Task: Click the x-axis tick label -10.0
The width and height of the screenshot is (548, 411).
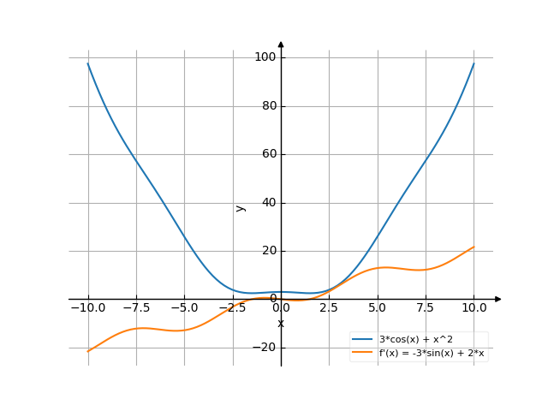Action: pos(87,307)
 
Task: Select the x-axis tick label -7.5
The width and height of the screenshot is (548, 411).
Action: pos(135,307)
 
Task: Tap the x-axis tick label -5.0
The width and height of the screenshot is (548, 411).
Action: pos(184,307)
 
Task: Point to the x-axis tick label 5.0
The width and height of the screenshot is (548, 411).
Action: pos(377,307)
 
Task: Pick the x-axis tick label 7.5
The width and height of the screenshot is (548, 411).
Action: pos(426,307)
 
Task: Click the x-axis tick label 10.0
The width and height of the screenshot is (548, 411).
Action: pos(474,307)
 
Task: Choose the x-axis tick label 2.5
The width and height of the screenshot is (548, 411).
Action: pos(329,307)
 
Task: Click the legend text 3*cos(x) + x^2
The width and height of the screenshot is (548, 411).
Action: pos(415,340)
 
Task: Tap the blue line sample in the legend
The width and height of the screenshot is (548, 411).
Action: pos(363,340)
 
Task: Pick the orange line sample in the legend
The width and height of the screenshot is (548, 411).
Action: pos(363,352)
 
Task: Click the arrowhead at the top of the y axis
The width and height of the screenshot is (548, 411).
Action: pos(281,44)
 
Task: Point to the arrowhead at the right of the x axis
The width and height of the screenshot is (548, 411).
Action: pos(498,299)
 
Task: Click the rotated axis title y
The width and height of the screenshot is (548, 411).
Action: pos(241,207)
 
